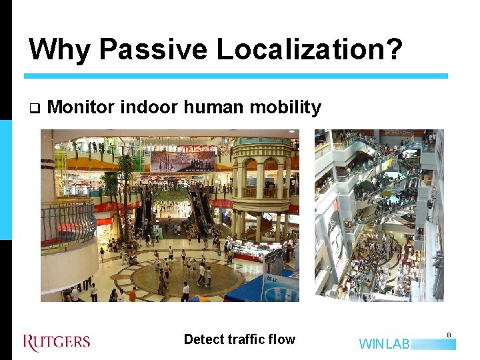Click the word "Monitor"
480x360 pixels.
(x=81, y=107)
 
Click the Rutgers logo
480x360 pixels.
(x=57, y=342)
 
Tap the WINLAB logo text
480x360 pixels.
(x=385, y=344)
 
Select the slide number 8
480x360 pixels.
(x=449, y=335)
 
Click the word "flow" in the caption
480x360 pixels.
(x=282, y=339)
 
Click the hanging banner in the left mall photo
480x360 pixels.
(x=183, y=161)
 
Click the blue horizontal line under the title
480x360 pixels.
(x=236, y=76)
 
